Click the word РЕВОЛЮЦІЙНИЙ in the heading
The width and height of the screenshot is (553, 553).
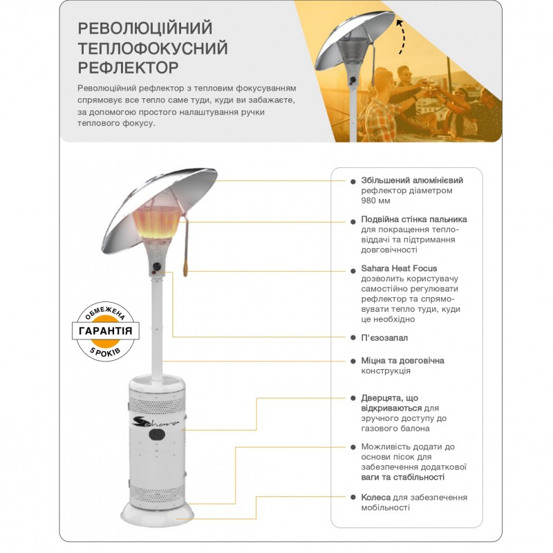[145, 28]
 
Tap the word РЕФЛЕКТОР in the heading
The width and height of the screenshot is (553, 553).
[128, 67]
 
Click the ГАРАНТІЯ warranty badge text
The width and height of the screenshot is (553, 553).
[106, 331]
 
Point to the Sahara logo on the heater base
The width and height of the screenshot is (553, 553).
[156, 422]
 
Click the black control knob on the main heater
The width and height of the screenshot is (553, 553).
[157, 267]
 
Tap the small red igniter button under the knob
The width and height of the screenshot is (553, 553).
[153, 273]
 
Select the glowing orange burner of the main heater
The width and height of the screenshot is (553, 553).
[156, 223]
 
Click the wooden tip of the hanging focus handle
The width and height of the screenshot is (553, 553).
[185, 268]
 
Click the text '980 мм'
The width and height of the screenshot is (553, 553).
[375, 200]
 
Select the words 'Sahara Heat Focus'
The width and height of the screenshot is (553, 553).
[399, 268]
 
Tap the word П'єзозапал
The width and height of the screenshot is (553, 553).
[384, 338]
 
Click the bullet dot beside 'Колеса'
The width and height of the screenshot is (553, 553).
[353, 497]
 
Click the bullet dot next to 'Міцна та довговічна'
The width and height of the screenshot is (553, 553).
[353, 361]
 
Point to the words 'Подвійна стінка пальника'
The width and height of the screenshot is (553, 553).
[414, 219]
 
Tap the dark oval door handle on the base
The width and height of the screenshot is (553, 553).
[157, 435]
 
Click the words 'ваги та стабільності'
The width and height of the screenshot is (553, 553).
[403, 477]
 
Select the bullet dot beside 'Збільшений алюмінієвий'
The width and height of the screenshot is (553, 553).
[353, 181]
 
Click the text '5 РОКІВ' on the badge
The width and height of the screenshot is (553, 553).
[105, 352]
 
